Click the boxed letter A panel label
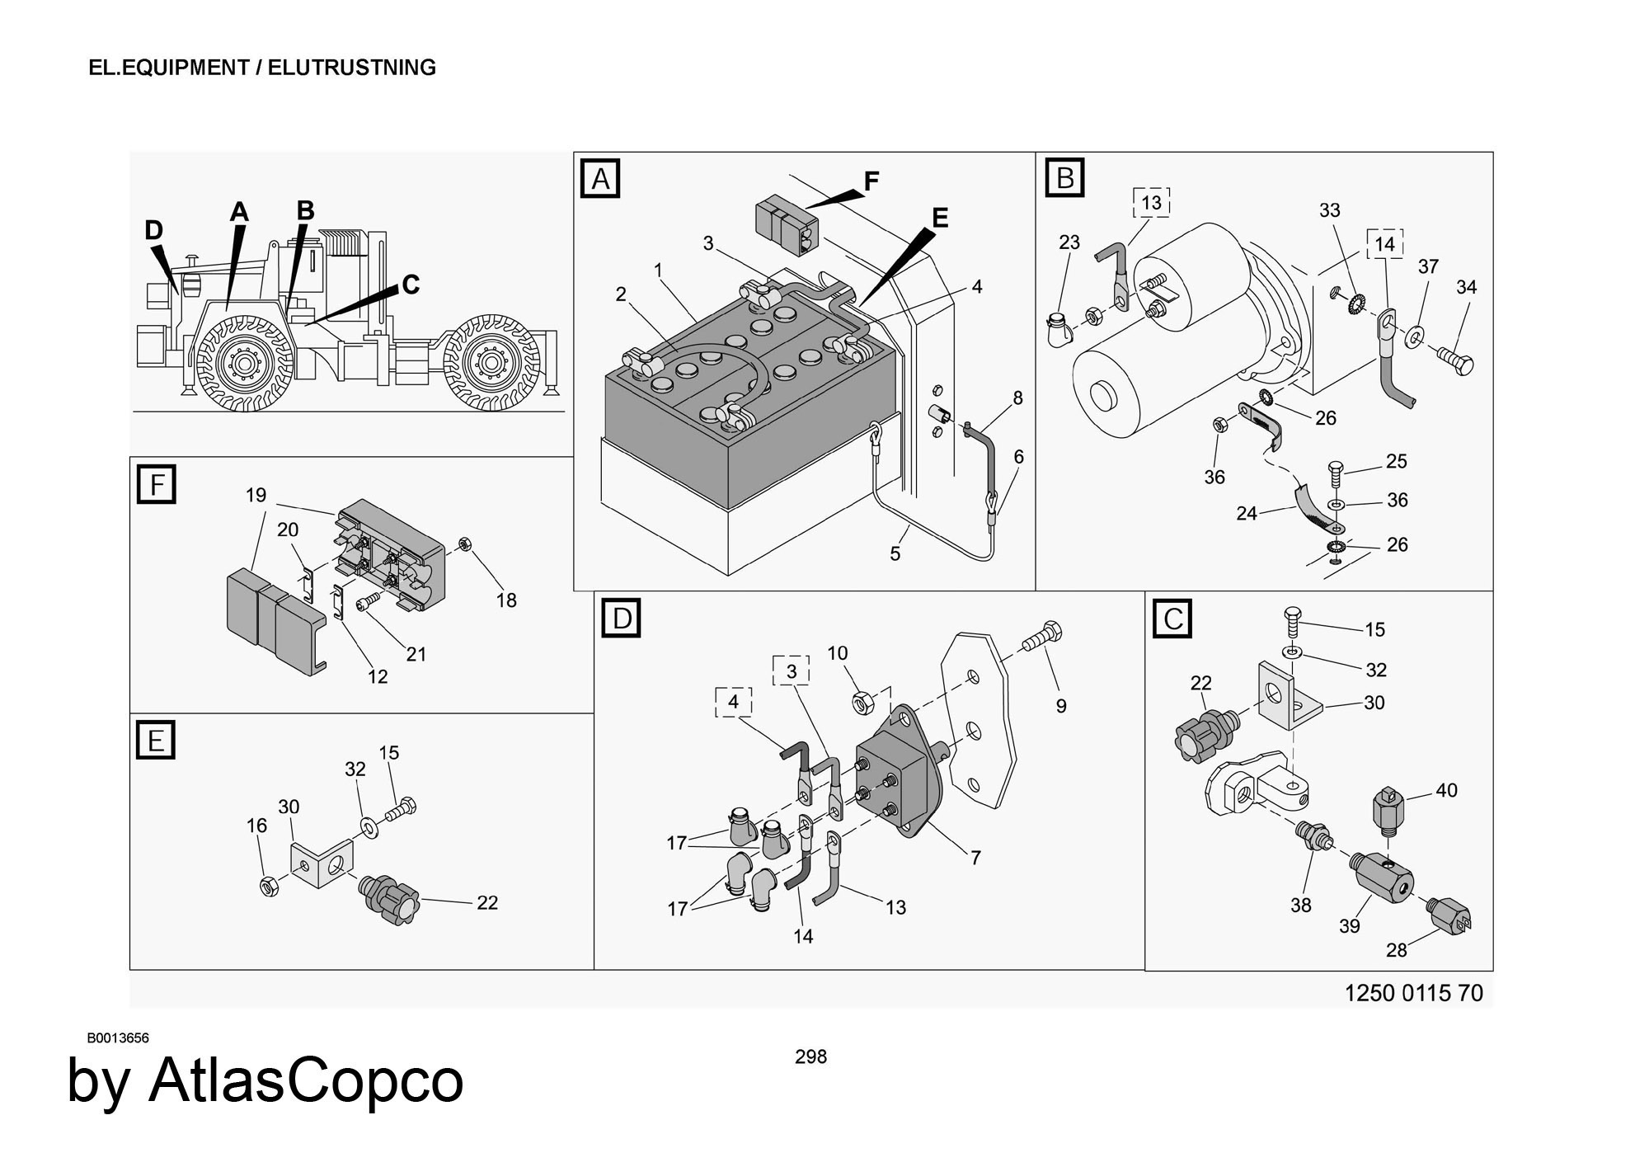pyautogui.click(x=600, y=178)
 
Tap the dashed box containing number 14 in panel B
pyautogui.click(x=1384, y=244)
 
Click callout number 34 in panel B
pyautogui.click(x=1466, y=287)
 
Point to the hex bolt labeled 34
pyautogui.click(x=1456, y=360)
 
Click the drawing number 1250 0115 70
pyautogui.click(x=1413, y=993)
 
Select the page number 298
pyautogui.click(x=810, y=1056)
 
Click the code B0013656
pyautogui.click(x=118, y=1038)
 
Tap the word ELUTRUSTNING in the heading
pyautogui.click(x=352, y=68)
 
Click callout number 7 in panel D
pyautogui.click(x=975, y=858)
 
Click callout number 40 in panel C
pyautogui.click(x=1446, y=790)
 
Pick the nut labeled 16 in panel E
pyautogui.click(x=269, y=887)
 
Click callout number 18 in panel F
pyautogui.click(x=506, y=600)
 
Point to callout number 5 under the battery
pyautogui.click(x=895, y=554)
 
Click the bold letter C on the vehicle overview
pyautogui.click(x=410, y=285)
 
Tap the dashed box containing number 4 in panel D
pyautogui.click(x=733, y=703)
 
